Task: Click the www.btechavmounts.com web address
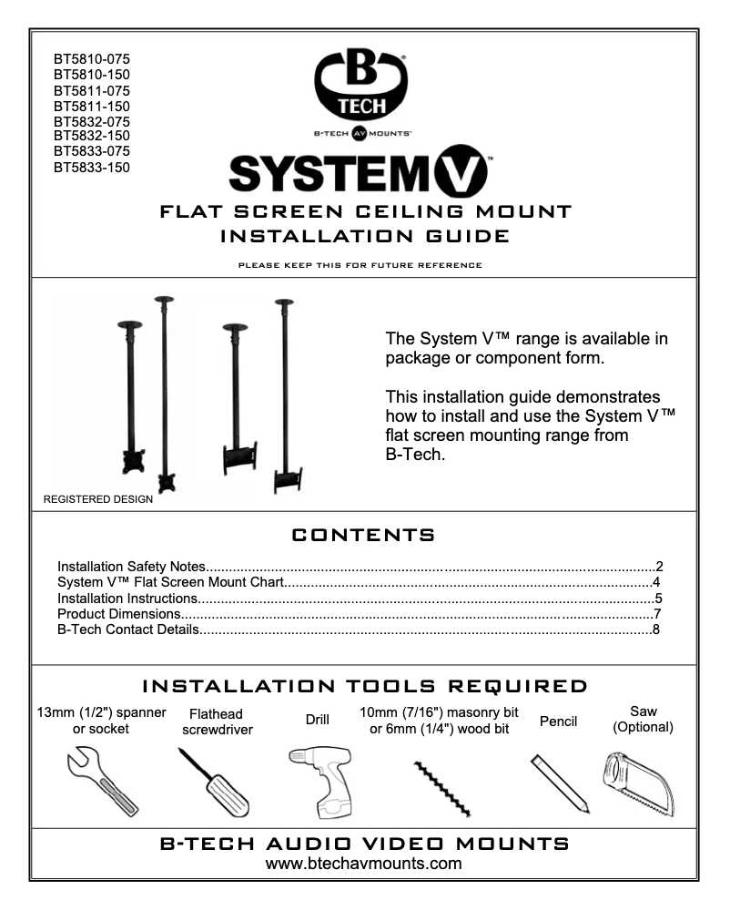pyautogui.click(x=364, y=863)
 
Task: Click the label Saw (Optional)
pyautogui.click(x=643, y=719)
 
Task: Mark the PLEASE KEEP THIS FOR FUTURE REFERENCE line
pyautogui.click(x=364, y=265)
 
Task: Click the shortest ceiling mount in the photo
pyautogui.click(x=130, y=392)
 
